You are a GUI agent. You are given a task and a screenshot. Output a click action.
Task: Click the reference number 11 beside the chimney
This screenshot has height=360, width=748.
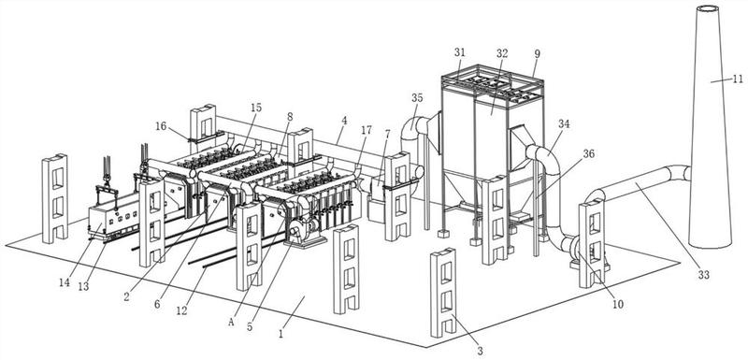pos(738,79)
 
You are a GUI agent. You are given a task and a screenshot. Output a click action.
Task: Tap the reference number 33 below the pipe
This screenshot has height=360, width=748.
pos(704,275)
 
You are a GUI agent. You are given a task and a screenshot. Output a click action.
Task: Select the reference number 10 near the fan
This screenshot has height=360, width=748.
pos(618,304)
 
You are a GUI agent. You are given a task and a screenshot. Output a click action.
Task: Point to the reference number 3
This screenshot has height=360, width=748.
pos(480,351)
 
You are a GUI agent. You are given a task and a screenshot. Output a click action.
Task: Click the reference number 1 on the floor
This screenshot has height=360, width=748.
pos(281,334)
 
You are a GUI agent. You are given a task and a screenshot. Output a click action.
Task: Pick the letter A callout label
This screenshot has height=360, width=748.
pos(231,323)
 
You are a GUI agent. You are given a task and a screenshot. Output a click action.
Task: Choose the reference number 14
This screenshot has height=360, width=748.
pos(65,282)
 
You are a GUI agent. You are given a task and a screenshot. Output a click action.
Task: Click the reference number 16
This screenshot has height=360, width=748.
pos(161,126)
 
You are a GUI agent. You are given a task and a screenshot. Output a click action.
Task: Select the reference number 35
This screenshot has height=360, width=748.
pos(417,98)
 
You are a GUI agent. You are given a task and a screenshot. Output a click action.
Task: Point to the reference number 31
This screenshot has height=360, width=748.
pos(459,52)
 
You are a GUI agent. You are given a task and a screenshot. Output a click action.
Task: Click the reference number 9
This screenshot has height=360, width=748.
pos(537,54)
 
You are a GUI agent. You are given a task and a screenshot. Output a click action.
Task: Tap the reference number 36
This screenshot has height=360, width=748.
pos(590,154)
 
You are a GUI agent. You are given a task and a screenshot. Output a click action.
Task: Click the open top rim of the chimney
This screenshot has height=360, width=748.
pos(708,8)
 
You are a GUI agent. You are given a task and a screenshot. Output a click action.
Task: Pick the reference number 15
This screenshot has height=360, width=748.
pos(256,108)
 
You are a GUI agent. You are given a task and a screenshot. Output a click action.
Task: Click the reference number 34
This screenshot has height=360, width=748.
pos(564,124)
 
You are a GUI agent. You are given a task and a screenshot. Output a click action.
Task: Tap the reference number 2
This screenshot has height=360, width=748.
pos(126,296)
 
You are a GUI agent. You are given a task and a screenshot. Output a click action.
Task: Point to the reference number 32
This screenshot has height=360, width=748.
pos(502,54)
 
